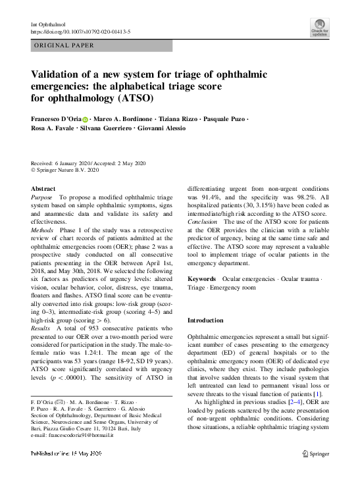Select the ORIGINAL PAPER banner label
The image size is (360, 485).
[x=64, y=45]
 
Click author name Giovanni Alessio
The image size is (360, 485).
[x=162, y=128]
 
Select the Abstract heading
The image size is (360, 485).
[x=43, y=189]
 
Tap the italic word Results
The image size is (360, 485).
[x=41, y=327]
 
